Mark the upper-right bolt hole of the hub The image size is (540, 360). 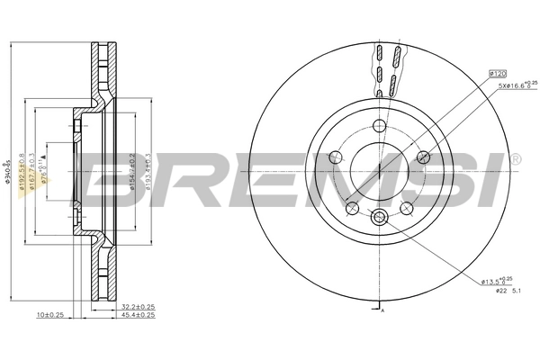[421, 157]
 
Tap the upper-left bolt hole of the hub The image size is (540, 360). [337, 157]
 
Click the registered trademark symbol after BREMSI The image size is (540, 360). [515, 159]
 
